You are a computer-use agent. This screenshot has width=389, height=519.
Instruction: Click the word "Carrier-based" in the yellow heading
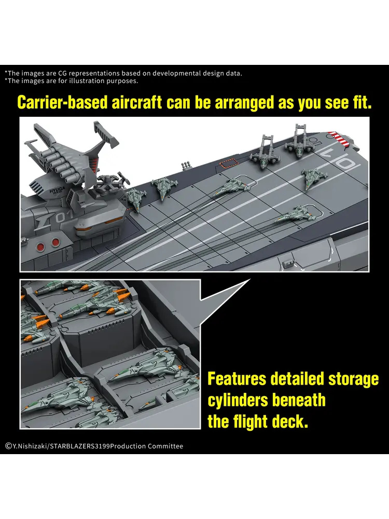click(63, 103)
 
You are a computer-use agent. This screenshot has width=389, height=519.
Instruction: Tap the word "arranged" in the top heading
click(244, 103)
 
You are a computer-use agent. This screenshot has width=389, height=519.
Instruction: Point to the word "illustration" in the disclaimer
click(87, 81)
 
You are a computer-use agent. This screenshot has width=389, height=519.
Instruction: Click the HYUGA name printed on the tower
click(57, 191)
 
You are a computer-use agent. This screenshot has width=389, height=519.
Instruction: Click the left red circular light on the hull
click(41, 247)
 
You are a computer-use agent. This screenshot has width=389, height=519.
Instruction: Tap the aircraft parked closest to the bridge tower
click(136, 198)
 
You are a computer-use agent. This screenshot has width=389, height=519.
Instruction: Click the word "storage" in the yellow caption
click(353, 379)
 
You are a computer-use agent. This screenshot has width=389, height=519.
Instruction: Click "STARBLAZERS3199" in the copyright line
click(80, 446)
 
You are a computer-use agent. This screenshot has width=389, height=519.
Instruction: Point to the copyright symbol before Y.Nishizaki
click(9, 446)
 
